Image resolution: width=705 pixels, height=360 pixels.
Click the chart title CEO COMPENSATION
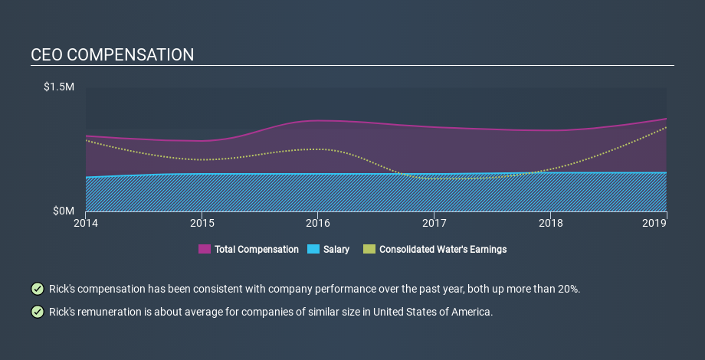pos(112,55)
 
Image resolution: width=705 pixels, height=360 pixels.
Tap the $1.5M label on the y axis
pos(58,87)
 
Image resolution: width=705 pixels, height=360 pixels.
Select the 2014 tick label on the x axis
pos(86,223)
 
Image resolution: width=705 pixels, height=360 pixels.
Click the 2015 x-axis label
pos(202,223)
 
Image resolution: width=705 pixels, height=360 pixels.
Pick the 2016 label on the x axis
pos(318,223)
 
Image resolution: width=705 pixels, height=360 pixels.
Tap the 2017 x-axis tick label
pos(434,223)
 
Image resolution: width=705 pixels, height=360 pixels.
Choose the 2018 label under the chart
pos(550,223)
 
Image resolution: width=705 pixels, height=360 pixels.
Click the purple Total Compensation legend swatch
pos(205,249)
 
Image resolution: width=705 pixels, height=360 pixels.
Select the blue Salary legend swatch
pos(313,249)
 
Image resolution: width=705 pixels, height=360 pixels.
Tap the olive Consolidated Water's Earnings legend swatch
pos(369,249)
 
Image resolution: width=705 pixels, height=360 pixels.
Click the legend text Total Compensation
pos(257,250)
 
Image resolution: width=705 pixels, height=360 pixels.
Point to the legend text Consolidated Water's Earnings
pos(443,250)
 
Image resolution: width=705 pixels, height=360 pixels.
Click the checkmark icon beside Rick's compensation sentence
pos(37,289)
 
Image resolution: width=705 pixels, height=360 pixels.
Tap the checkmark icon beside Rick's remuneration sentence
pos(37,312)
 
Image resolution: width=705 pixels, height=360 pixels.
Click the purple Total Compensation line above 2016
pos(318,120)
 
